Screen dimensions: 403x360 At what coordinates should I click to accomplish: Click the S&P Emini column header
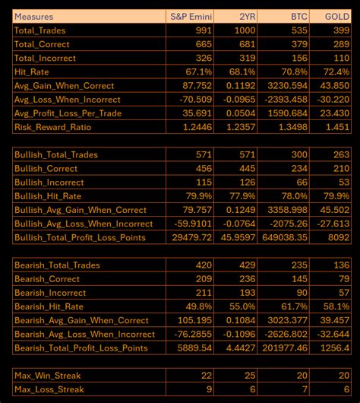pyautogui.click(x=190, y=16)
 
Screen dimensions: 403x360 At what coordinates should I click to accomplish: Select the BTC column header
pyautogui.click(x=298, y=16)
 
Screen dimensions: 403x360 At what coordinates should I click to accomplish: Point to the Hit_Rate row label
pyautogui.click(x=35, y=71)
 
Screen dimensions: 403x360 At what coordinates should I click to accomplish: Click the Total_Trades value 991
pyautogui.click(x=200, y=31)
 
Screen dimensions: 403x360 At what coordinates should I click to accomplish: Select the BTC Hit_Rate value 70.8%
pyautogui.click(x=295, y=71)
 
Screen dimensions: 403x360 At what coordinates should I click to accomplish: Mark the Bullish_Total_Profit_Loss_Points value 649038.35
pyautogui.click(x=283, y=237)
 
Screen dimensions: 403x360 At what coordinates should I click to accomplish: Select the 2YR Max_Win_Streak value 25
pyautogui.click(x=248, y=376)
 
